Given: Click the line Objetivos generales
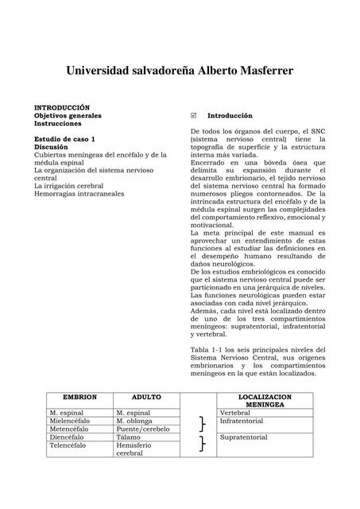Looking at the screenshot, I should tap(67, 115).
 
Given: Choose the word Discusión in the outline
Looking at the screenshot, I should tap(51, 147).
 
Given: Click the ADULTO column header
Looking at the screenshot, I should tap(146, 396).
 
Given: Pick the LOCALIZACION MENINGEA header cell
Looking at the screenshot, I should tap(265, 400).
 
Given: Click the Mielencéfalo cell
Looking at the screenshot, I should tap(69, 421).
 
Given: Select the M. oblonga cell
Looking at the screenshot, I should tap(135, 421).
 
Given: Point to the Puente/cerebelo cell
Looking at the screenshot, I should tap(144, 429).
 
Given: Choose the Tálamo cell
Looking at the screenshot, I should tap(129, 437).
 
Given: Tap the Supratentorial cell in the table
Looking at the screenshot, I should tap(244, 437).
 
